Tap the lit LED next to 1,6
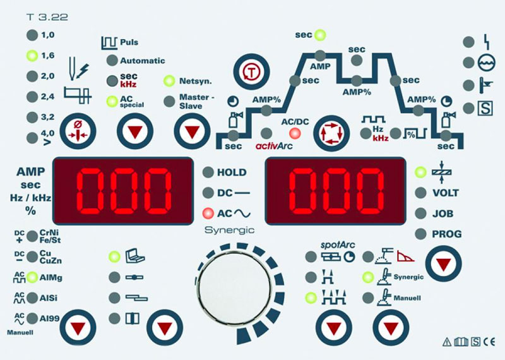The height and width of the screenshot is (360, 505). tap(32, 56)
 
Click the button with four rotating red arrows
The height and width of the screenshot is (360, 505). tap(332, 133)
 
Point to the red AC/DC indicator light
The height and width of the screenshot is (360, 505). tap(295, 133)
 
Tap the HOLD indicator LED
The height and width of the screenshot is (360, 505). tap(208, 172)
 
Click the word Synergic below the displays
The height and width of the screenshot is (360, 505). tap(229, 230)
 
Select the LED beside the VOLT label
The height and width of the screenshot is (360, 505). tap(420, 193)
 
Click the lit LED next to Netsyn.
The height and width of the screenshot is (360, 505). tap(169, 81)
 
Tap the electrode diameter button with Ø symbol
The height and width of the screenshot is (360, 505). tap(78, 131)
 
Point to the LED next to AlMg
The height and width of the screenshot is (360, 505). tap(32, 277)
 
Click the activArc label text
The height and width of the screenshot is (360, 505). tap(274, 146)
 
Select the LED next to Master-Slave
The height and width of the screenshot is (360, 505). tap(169, 101)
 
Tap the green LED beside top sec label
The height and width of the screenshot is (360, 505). tap(320, 35)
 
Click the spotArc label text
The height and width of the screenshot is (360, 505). tap(335, 245)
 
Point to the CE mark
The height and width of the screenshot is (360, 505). tap(489, 342)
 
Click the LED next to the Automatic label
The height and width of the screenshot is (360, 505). tap(112, 60)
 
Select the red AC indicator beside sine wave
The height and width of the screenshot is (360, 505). tap(208, 213)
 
